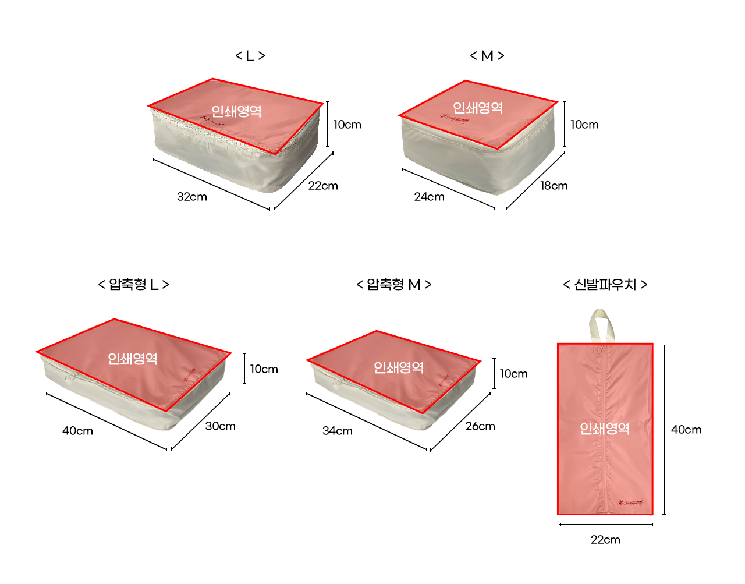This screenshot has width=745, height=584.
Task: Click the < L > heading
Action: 250,56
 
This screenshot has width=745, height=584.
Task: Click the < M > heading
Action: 487,56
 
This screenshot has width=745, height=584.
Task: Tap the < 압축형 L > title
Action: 134,285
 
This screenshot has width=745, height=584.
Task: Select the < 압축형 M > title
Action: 394,285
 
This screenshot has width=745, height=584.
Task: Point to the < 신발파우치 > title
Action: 605,285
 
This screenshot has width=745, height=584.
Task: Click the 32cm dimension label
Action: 192,197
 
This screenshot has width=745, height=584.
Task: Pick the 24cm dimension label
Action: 429,197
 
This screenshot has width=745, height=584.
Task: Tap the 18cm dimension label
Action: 554,186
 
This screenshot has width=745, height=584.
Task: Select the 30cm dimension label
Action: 221,426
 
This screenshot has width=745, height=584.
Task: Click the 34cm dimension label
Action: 338,431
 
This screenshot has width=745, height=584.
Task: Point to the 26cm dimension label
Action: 480,426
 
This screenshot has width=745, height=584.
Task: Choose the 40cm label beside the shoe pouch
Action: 686,430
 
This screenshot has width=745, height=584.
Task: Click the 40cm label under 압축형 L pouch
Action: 77,431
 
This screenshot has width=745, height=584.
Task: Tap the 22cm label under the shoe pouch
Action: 605,540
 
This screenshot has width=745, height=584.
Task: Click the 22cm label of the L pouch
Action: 323,186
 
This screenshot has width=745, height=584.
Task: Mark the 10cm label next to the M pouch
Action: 584,125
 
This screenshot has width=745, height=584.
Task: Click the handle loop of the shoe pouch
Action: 601,325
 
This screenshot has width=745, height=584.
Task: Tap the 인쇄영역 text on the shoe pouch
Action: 605,429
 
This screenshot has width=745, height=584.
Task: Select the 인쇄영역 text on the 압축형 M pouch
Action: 399,367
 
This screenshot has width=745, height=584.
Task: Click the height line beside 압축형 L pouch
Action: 244,369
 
